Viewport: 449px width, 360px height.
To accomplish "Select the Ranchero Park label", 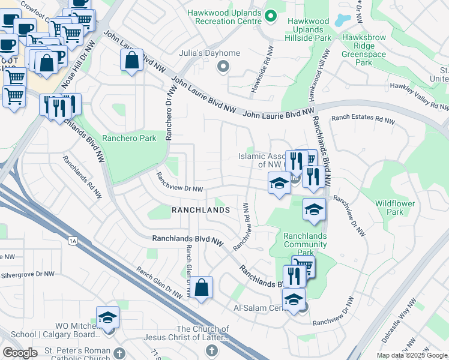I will [x=129, y=138].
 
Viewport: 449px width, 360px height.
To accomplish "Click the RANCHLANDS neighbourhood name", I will [x=200, y=210].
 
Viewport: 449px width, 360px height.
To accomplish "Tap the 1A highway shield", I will [x=73, y=241].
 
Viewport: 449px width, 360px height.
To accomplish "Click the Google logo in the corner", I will [x=20, y=352].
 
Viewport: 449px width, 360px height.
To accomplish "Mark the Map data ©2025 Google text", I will [x=412, y=355].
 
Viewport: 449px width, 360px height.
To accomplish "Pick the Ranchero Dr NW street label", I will [x=169, y=113].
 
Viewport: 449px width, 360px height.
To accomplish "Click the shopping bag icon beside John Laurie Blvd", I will [x=131, y=60].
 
